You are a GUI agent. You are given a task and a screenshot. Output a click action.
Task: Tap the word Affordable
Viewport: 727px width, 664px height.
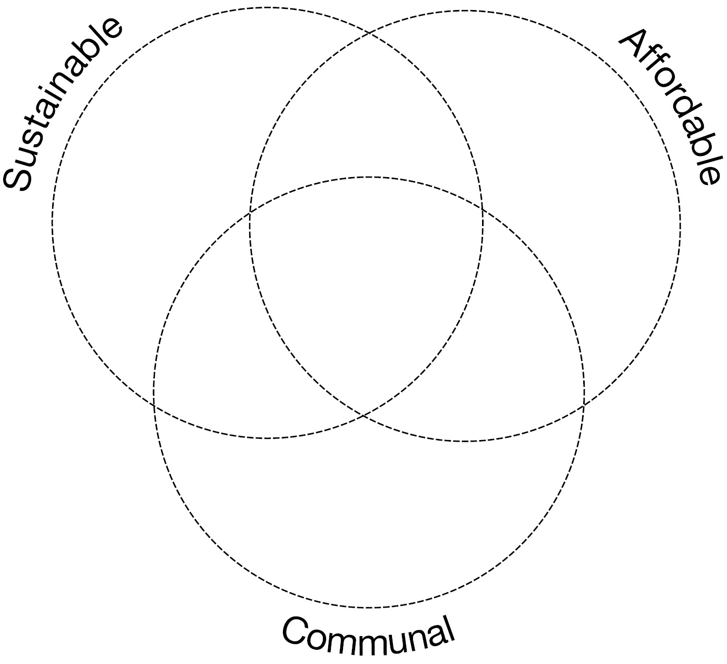point(669,105)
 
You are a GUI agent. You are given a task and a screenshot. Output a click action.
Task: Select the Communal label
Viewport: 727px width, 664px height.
point(368,635)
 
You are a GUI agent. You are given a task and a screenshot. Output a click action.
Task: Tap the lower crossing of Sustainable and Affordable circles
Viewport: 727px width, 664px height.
point(363,416)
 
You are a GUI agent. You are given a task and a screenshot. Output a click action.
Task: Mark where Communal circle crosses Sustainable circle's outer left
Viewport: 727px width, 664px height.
point(153,405)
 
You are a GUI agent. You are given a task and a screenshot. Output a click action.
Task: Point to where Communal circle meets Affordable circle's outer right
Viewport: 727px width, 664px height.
point(584,405)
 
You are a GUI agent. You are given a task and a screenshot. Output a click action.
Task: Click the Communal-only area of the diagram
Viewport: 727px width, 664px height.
point(369,516)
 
